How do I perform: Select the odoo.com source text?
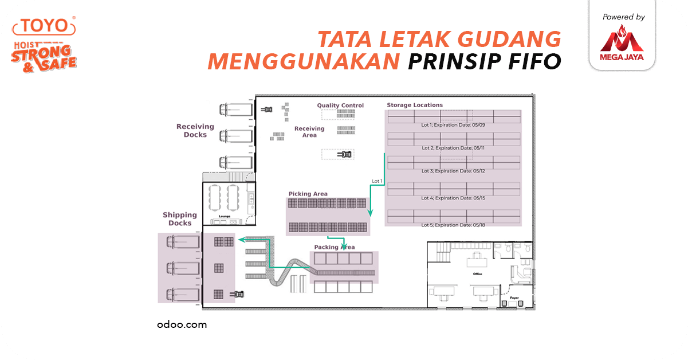[x=182, y=324]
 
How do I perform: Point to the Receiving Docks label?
[x=195, y=131]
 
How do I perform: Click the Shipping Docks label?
[x=180, y=219]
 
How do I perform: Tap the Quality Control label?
[x=340, y=105]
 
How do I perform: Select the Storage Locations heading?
[x=415, y=105]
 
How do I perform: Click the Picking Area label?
[x=308, y=194]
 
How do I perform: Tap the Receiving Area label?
[x=309, y=132]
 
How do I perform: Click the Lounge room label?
[x=225, y=216]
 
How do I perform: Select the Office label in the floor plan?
[x=477, y=274]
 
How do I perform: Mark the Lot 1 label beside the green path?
[x=377, y=181]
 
